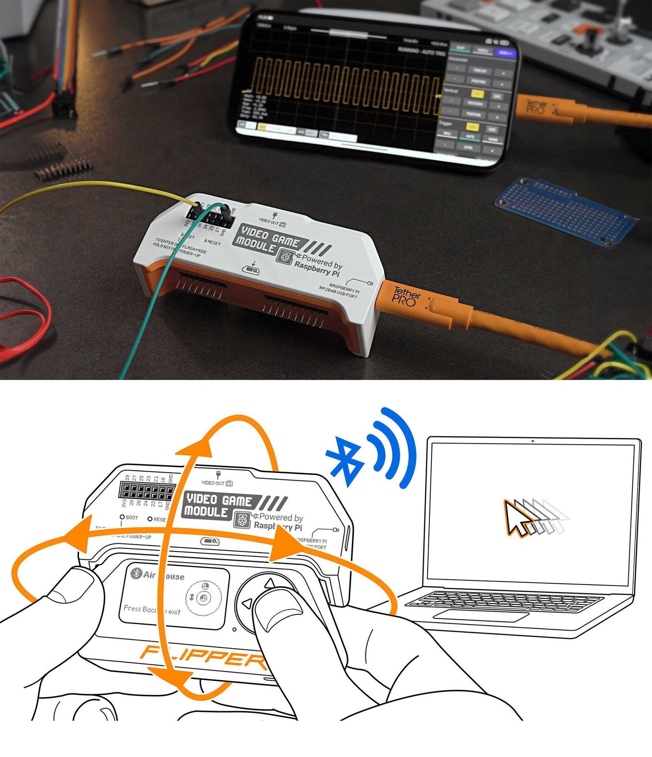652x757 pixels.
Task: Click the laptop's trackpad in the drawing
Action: pos(480,615)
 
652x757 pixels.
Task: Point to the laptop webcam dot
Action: pos(532,441)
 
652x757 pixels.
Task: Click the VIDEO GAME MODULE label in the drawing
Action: pos(219,506)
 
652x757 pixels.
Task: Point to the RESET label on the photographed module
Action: pos(214,243)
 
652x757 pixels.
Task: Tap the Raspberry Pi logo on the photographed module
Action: pos(284,257)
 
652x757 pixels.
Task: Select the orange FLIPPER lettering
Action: pos(204,657)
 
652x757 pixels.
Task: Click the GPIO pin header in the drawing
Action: pos(146,491)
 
